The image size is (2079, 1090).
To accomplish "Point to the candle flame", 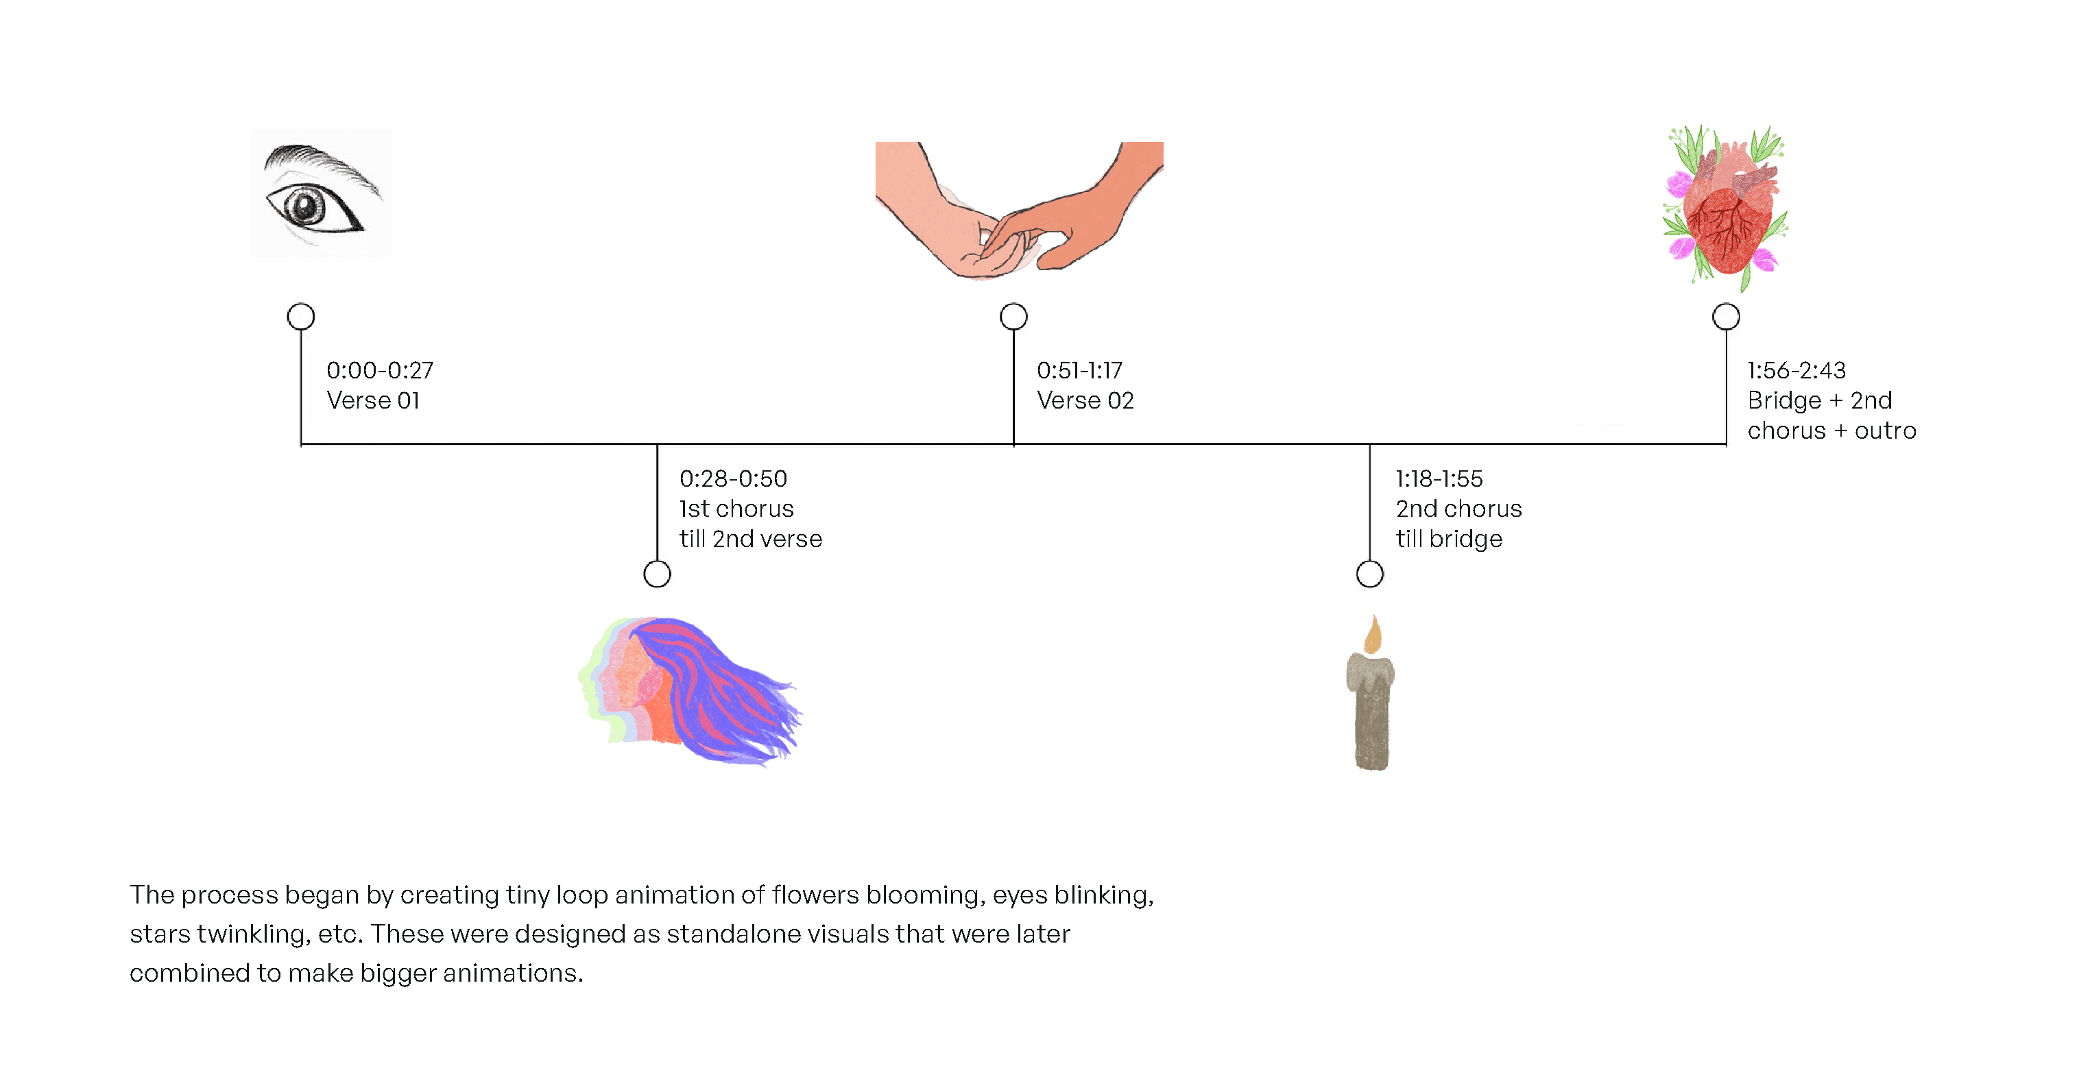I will pos(1373,635).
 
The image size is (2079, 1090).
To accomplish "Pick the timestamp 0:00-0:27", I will pos(379,370).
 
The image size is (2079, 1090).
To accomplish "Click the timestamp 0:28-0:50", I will pos(733,479).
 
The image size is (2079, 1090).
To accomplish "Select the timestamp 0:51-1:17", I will pos(1079,370).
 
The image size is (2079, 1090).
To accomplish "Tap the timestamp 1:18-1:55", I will pos(1439,479).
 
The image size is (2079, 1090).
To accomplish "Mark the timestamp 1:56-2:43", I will pos(1796,370).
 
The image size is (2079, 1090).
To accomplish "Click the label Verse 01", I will pos(373,400).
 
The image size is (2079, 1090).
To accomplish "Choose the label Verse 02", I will pos(1085,400).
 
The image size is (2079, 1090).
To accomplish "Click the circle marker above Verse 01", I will pos(301,316).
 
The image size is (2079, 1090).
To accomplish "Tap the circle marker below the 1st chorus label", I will pos(657,574).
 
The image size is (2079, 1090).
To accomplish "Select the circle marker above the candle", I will pos(1369,574).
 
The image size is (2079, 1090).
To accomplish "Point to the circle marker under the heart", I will pos(1725,316).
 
